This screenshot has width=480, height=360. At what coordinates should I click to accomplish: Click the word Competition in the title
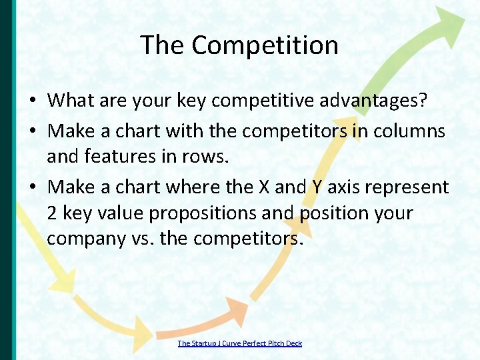(265, 45)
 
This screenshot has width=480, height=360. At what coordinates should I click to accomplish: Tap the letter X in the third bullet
(263, 187)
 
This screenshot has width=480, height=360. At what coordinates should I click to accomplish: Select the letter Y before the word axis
(317, 187)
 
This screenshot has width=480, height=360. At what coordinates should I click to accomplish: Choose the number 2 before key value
(53, 213)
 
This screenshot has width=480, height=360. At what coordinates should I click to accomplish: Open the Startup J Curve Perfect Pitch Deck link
(239, 343)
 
